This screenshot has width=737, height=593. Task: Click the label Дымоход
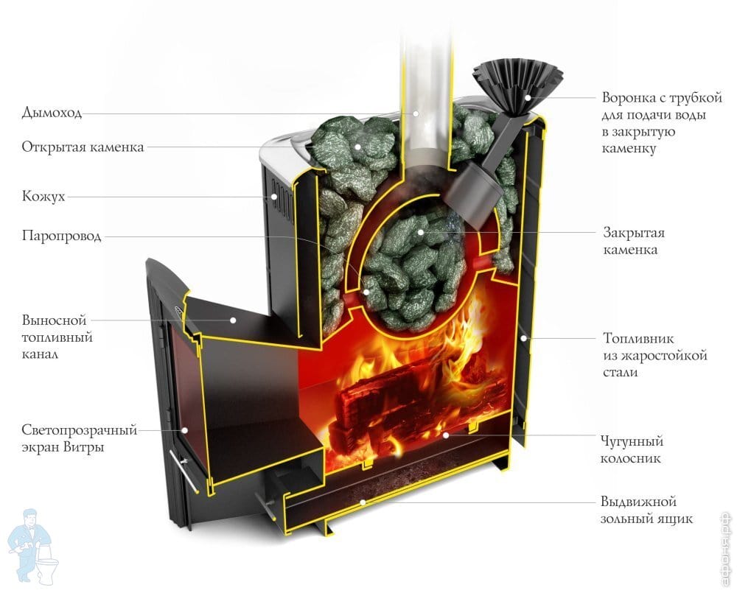pos(52,113)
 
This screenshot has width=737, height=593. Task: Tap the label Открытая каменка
pos(83,147)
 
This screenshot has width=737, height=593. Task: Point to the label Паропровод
pos(61,236)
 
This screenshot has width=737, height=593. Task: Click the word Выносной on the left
pos(54,321)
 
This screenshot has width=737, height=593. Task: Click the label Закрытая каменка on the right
pos(634,242)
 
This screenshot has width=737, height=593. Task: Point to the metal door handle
pos(184,472)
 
